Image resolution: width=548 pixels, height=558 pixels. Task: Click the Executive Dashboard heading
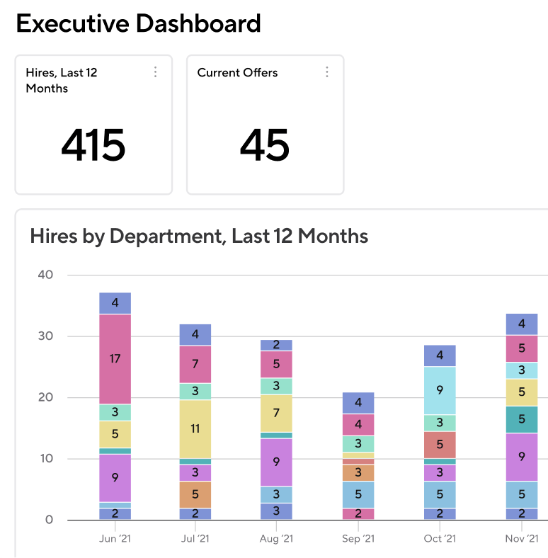click(138, 24)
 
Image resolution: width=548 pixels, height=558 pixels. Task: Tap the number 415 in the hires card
click(93, 145)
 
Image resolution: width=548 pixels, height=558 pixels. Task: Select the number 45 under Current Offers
click(265, 145)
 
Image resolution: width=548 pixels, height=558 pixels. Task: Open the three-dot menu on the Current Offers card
click(326, 72)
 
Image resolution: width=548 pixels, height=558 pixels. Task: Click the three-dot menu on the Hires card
click(155, 72)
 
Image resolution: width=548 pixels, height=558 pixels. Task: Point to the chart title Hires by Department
click(199, 236)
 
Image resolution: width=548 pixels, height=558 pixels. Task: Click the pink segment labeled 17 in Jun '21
click(115, 358)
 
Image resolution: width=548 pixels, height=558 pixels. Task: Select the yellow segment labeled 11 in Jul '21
click(195, 429)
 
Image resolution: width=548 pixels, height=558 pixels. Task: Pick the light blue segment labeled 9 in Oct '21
click(440, 390)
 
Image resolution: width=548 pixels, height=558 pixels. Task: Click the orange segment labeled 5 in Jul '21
click(195, 494)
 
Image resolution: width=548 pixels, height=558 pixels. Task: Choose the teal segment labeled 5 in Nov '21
click(522, 419)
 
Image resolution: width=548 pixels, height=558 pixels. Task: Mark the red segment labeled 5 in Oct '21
click(440, 445)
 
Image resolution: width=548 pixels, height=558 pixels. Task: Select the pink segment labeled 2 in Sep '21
click(358, 514)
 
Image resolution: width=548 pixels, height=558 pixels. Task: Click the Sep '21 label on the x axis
click(358, 540)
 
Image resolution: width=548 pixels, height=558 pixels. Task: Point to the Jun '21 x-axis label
click(115, 540)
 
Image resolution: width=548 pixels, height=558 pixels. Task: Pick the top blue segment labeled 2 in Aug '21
click(277, 345)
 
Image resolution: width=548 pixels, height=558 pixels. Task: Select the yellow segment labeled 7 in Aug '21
click(277, 413)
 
